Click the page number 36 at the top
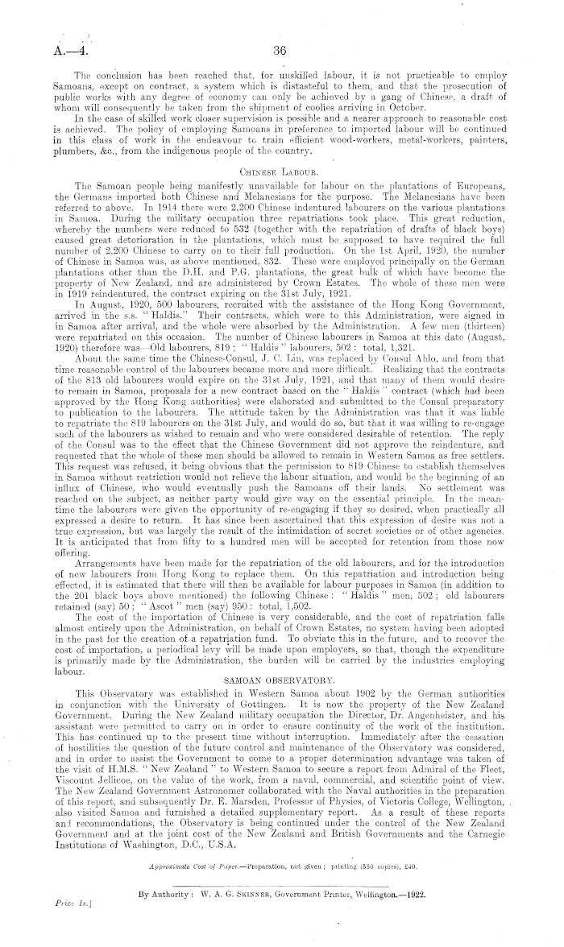point(280,49)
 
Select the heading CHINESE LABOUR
point(280,194)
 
